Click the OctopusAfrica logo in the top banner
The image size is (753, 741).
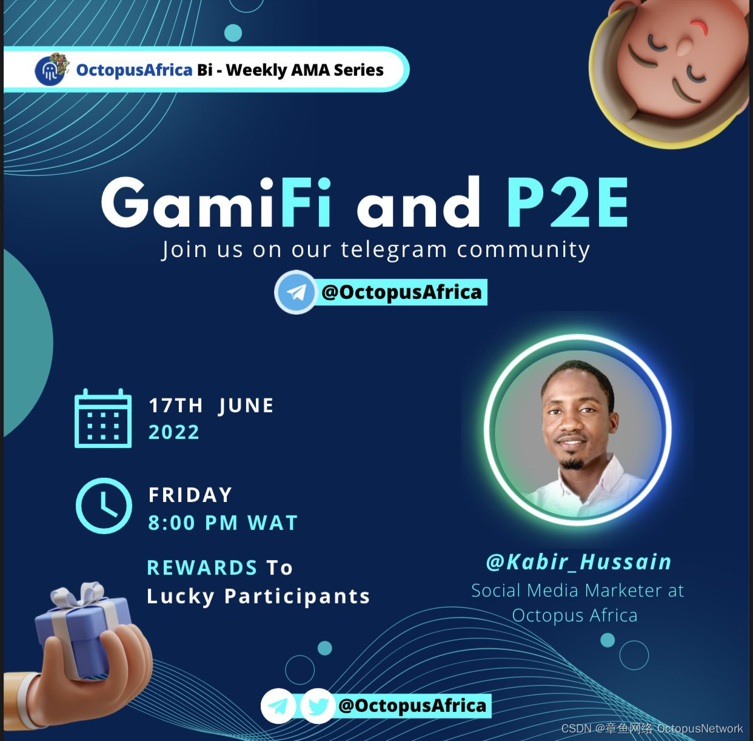point(51,70)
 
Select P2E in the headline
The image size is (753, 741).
point(567,202)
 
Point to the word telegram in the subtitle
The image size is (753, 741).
point(394,250)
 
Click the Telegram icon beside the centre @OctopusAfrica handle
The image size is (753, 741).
point(295,292)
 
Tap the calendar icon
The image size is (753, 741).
point(103,418)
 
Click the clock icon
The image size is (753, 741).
point(104,506)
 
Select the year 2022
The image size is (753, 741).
point(174,432)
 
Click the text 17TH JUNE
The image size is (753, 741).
point(211,405)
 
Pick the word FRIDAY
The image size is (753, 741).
point(190,495)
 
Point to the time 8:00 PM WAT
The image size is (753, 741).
point(223,523)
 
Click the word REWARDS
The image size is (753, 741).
point(202,568)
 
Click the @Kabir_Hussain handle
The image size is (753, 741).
point(579,562)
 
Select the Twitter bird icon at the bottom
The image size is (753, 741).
point(317,706)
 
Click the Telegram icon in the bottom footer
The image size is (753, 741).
point(278,706)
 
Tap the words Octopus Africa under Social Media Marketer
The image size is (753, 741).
point(575,616)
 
